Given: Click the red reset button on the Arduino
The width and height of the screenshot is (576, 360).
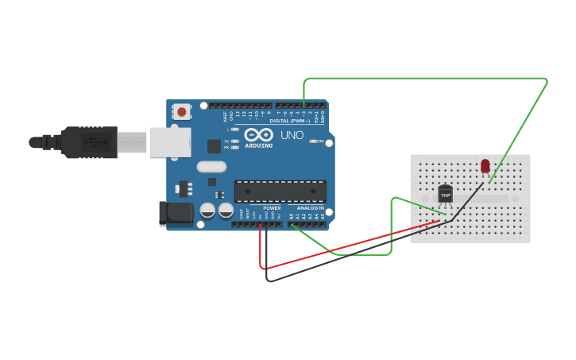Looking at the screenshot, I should (182, 112).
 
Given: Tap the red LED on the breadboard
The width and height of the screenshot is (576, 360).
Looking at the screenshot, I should (485, 165).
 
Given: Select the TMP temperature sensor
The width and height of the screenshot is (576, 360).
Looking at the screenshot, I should (445, 194).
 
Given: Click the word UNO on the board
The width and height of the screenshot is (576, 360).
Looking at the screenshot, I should (292, 135).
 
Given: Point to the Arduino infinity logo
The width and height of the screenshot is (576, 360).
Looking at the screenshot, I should (259, 134).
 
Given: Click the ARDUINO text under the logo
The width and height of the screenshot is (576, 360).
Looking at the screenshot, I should (259, 145).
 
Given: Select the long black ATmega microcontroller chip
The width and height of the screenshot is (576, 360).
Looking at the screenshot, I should (280, 192).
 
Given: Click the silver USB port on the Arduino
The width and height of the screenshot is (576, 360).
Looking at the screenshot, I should (170, 141).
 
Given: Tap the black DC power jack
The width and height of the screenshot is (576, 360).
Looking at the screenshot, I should (176, 213).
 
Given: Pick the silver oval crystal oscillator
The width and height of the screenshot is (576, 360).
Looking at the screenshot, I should (211, 167).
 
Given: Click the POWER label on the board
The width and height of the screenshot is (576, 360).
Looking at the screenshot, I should (272, 208).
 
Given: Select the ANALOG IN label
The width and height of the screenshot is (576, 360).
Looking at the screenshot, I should (310, 208).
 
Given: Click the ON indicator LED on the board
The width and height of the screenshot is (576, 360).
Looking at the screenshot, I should (313, 141).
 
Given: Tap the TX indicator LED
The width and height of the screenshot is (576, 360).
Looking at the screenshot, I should (234, 141).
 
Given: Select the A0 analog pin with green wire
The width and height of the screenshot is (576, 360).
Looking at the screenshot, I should (292, 224).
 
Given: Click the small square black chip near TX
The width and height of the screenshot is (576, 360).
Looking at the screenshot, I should (214, 145).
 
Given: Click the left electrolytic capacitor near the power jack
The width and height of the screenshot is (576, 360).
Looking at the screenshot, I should (207, 211).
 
